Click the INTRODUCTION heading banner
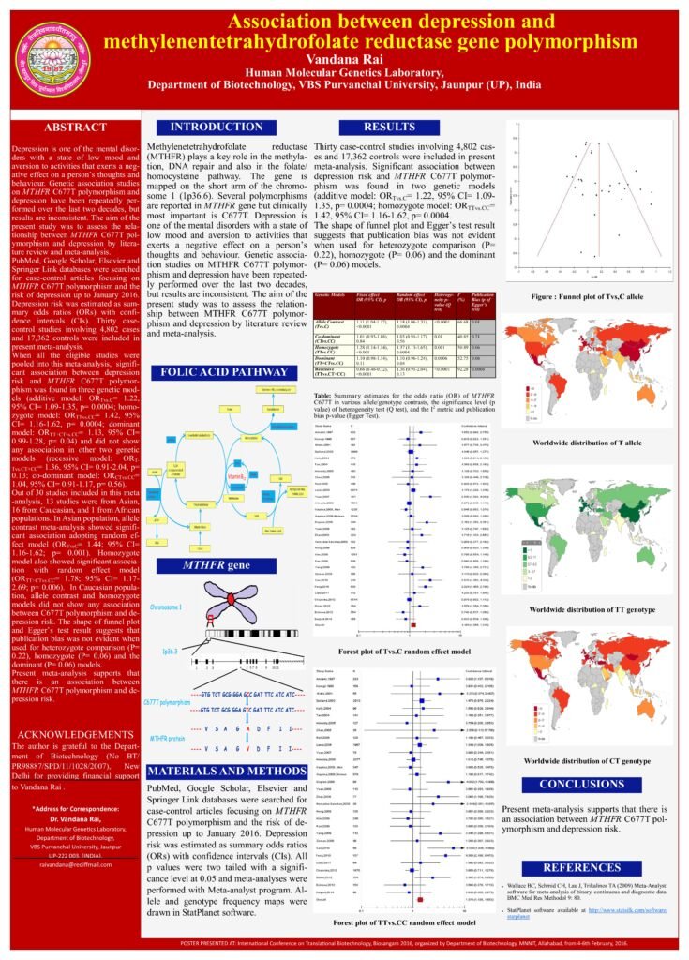[203, 127]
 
